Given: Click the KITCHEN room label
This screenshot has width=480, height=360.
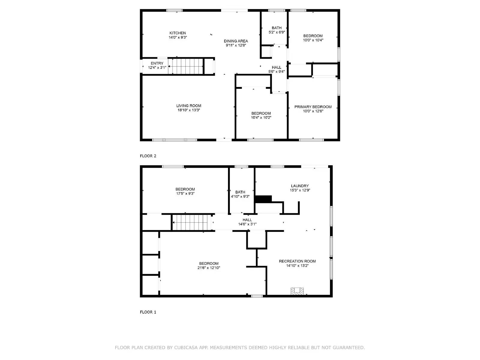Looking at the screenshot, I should click(x=178, y=33).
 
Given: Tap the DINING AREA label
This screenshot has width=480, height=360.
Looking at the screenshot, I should click(x=236, y=41).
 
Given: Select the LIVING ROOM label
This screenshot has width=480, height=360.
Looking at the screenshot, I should click(x=189, y=106).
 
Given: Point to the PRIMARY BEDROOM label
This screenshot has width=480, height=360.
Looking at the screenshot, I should click(x=313, y=107).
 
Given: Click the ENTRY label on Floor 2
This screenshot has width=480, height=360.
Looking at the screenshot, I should click(x=157, y=63).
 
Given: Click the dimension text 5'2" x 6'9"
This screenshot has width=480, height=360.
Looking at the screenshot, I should click(x=277, y=32).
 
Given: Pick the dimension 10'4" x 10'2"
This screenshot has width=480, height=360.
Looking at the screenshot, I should click(x=261, y=118).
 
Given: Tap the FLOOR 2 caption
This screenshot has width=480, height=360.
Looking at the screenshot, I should click(x=148, y=156).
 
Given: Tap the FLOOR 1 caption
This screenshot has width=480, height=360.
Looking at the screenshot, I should click(x=148, y=312).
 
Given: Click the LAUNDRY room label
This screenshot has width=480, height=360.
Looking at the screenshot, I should click(x=300, y=186).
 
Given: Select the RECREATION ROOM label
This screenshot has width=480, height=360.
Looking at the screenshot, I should click(x=297, y=261).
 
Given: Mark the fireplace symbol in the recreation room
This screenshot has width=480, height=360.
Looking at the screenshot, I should click(x=297, y=291).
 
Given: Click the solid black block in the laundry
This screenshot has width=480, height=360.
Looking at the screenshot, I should click(x=263, y=199).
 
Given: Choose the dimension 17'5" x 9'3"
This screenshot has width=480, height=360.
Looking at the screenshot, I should click(x=185, y=194).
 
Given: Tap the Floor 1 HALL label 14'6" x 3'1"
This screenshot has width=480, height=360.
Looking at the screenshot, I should click(x=247, y=220).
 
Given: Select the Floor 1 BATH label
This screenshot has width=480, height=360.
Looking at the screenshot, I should click(x=240, y=192).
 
